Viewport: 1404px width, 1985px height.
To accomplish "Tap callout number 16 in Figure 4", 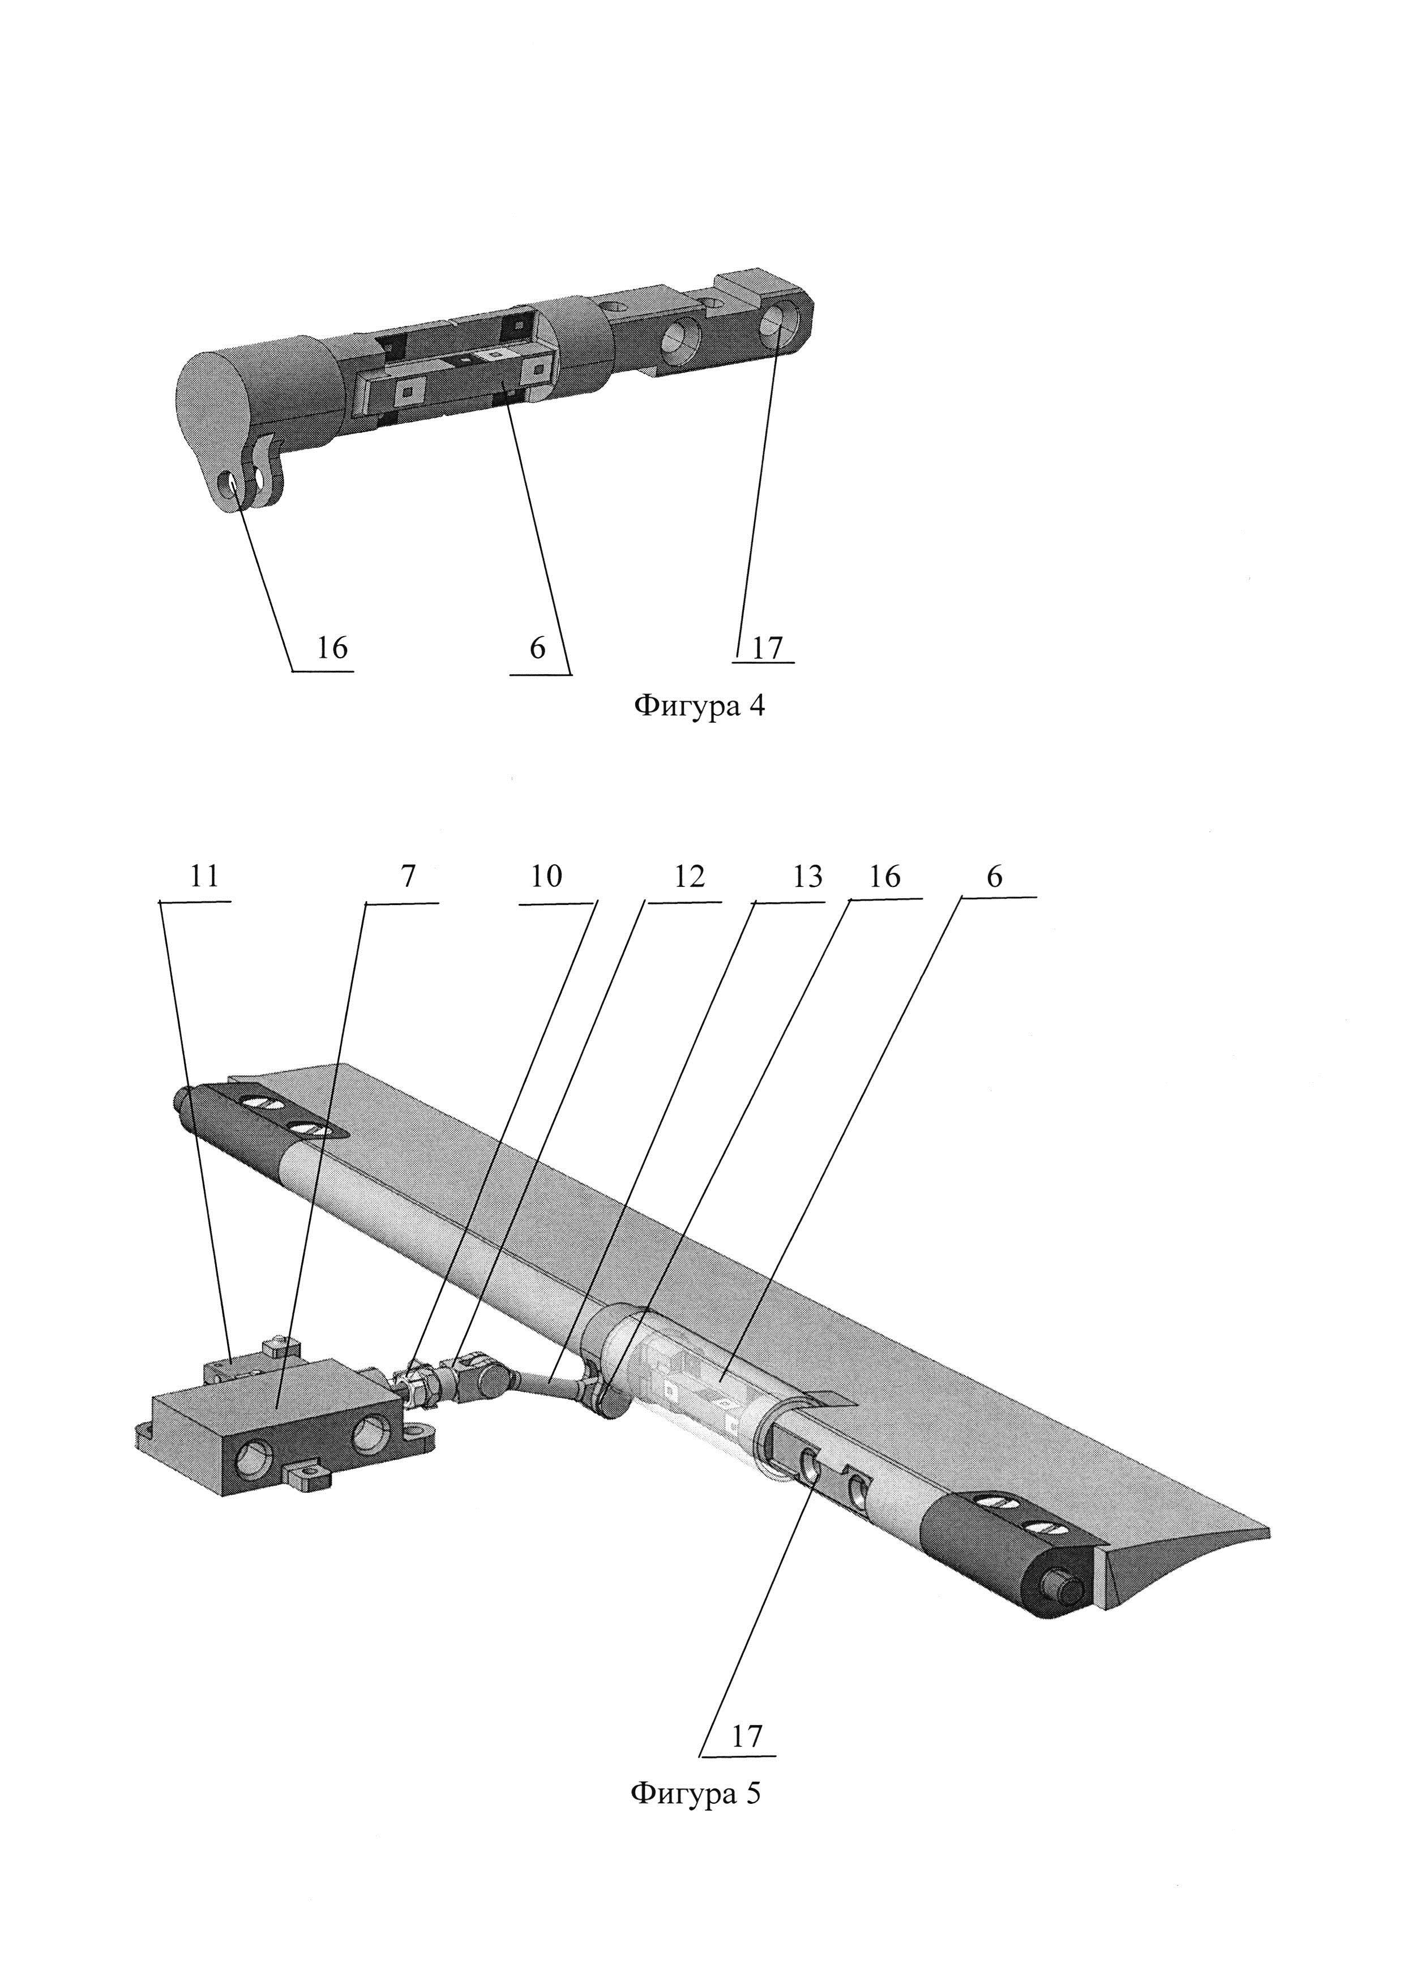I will [331, 647].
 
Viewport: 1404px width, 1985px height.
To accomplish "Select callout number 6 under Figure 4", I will [538, 647].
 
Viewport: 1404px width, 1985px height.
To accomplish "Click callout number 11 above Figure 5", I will [204, 877].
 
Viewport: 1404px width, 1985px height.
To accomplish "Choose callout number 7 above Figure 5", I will [408, 877].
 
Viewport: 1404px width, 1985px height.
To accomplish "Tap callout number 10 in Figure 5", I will [546, 877].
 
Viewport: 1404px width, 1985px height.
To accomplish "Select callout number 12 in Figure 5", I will [689, 877].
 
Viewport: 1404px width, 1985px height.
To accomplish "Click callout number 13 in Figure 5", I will [807, 877].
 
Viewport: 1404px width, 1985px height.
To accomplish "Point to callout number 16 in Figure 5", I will [884, 877].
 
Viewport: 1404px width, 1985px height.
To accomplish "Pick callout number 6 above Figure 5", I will [994, 877].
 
